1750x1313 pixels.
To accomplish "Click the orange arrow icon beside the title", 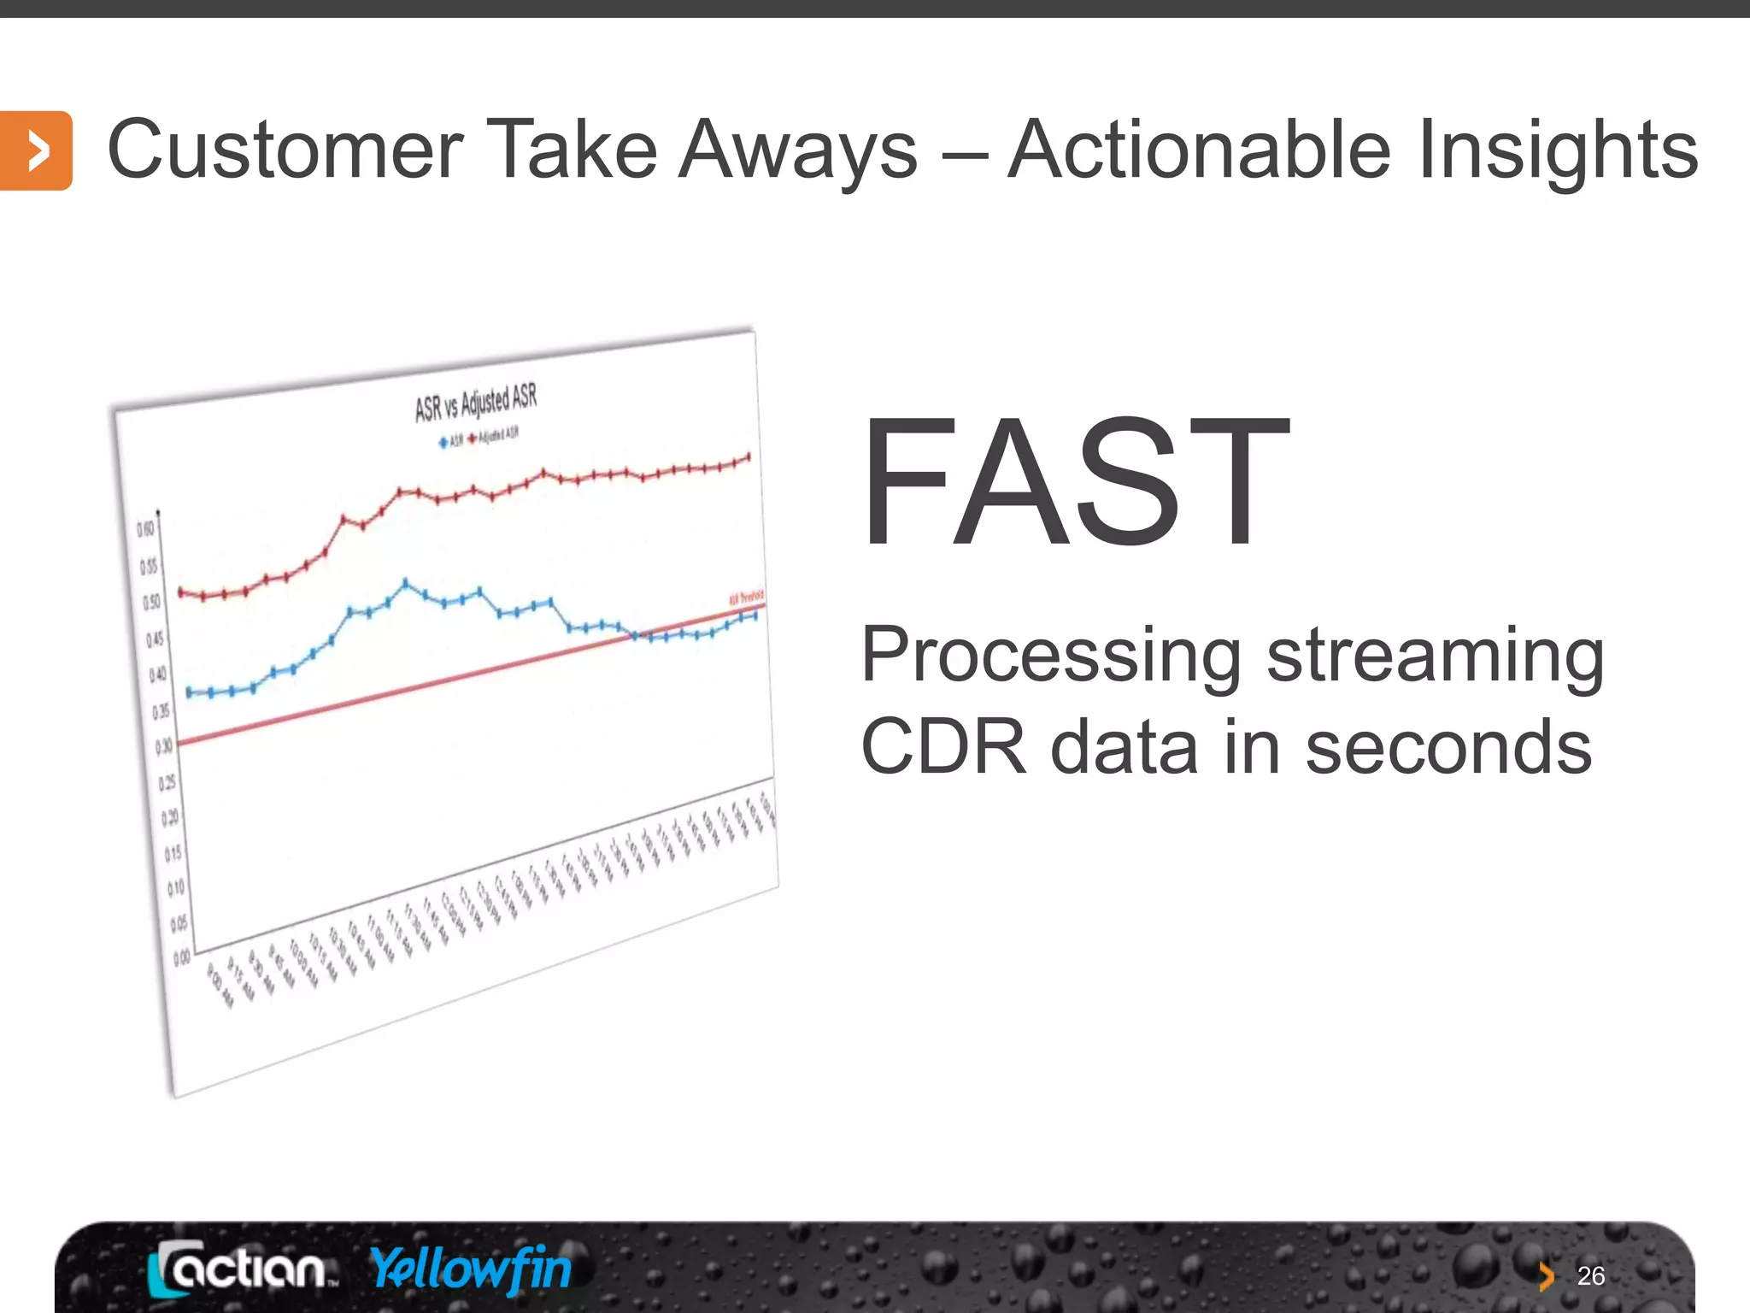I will (35, 150).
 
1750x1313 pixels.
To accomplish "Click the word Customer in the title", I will (285, 150).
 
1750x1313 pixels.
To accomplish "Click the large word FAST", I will (1075, 483).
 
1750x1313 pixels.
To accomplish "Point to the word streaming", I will (1435, 656).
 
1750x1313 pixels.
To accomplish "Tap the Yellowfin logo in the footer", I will (471, 1268).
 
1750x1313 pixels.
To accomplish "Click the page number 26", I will (1590, 1276).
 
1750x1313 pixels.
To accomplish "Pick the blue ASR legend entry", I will (451, 441).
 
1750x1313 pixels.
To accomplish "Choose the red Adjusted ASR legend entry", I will (494, 436).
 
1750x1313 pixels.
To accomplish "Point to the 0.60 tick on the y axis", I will (146, 530).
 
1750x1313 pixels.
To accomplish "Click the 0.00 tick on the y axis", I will (182, 959).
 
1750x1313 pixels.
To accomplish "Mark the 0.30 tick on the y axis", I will (163, 746).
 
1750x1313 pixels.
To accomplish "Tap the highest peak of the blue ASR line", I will (406, 584).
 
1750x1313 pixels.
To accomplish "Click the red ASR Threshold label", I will (746, 598).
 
